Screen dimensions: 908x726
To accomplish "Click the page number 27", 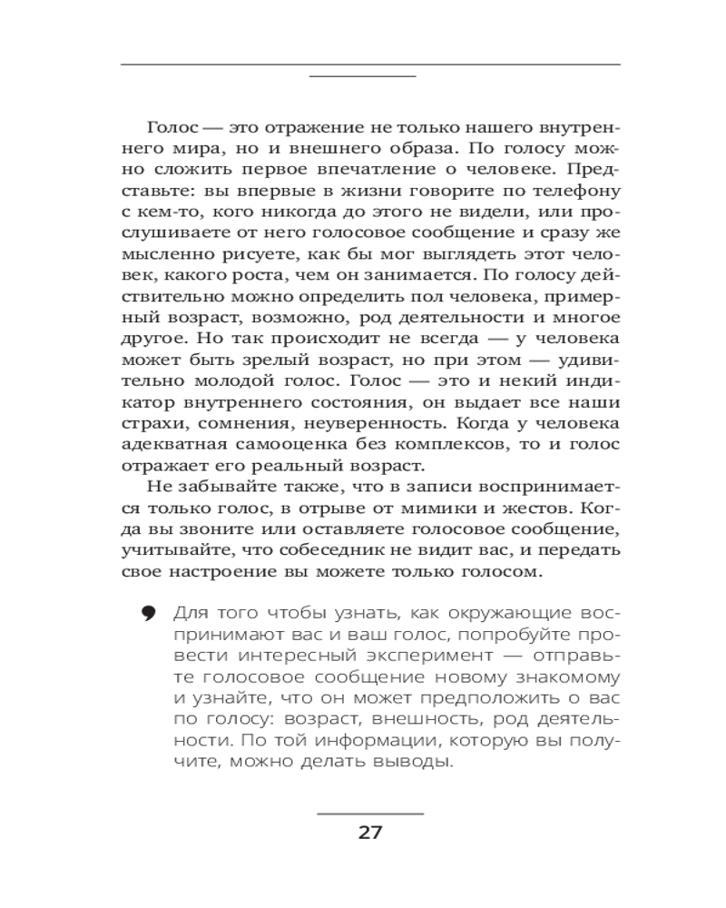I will coord(370,832).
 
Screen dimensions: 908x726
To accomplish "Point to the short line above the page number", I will coord(370,813).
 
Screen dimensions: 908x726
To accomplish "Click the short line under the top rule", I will coord(362,76).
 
